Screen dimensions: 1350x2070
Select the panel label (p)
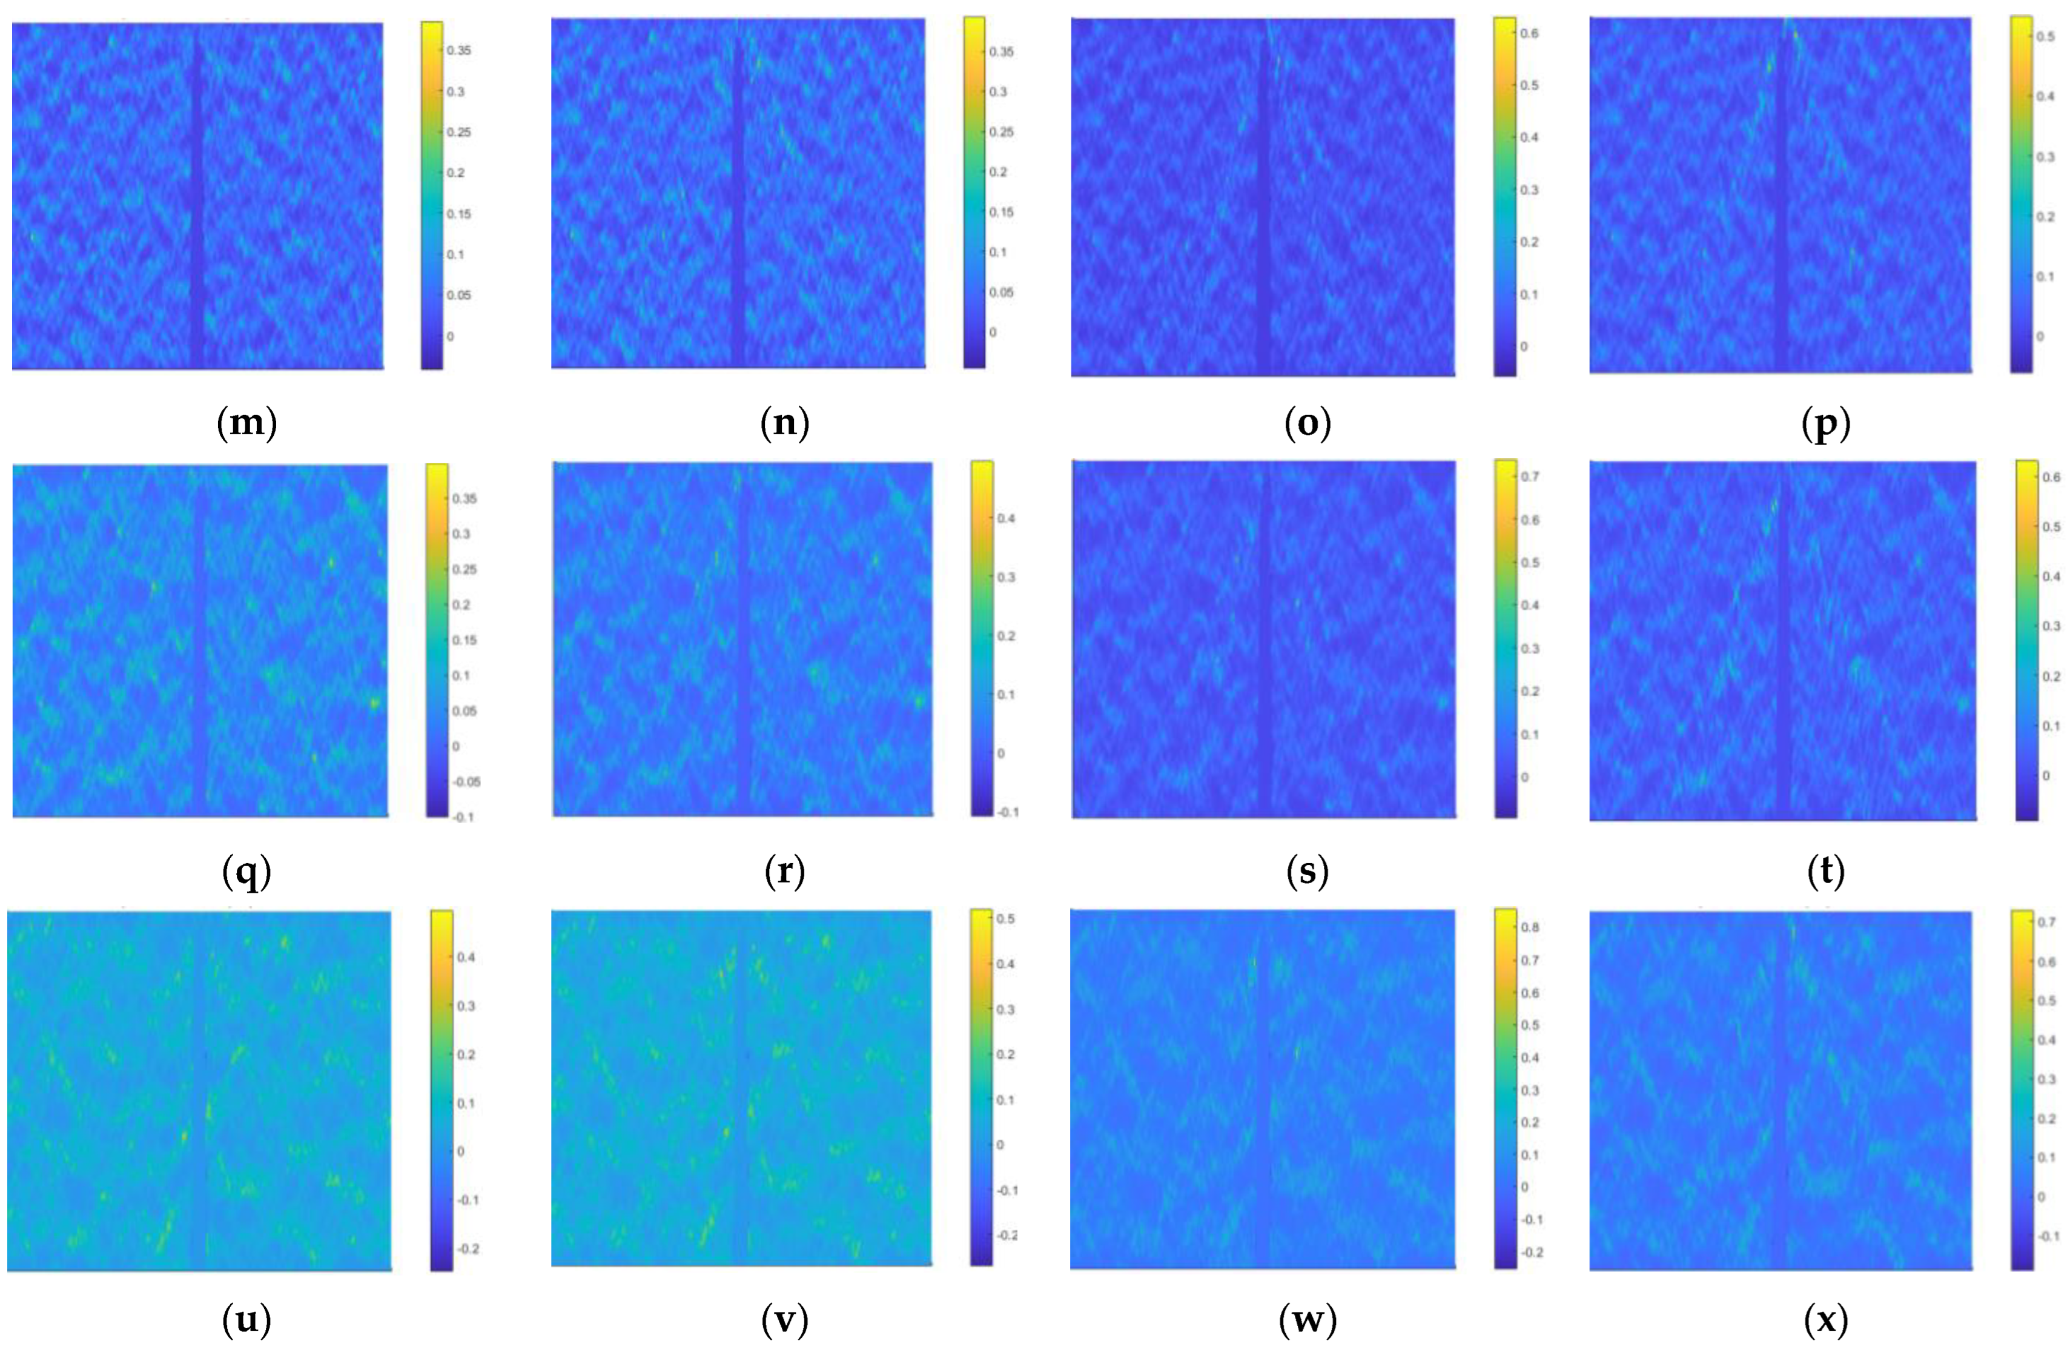[1825, 423]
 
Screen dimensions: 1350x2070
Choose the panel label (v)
[784, 1320]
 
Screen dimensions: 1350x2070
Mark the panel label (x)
[1825, 1320]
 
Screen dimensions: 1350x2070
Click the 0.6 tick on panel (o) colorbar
[1529, 34]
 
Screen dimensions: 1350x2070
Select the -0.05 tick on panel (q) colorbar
[466, 782]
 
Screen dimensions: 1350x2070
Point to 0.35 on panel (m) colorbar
[459, 50]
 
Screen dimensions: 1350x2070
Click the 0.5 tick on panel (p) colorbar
[2046, 36]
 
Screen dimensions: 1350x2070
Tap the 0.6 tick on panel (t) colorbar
[2051, 477]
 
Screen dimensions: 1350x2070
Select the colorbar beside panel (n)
[974, 191]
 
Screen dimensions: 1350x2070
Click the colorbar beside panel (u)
[442, 1091]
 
